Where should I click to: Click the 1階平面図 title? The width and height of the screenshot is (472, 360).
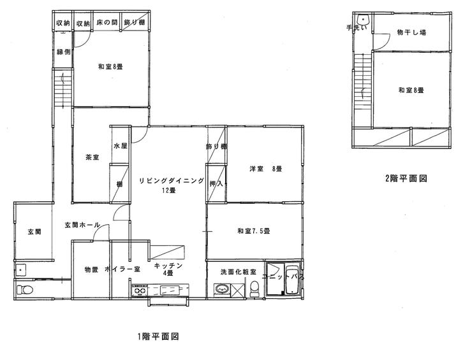click(158, 336)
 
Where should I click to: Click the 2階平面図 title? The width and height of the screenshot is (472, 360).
click(406, 178)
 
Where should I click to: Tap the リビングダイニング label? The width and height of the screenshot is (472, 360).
click(172, 181)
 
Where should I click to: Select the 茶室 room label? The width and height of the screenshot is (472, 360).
click(92, 157)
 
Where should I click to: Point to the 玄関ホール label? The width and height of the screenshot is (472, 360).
click(82, 225)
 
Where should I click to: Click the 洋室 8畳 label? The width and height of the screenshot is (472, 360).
click(265, 169)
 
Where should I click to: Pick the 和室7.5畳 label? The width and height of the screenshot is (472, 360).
click(253, 231)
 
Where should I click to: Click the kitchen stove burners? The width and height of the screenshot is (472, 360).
click(139, 291)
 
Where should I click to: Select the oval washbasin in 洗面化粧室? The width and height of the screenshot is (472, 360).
click(222, 290)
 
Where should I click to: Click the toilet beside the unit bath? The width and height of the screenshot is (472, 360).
click(254, 289)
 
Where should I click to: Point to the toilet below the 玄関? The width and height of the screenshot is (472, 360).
click(25, 290)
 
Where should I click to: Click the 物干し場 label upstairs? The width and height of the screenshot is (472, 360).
click(411, 32)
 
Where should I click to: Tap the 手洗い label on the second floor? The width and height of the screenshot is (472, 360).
click(357, 28)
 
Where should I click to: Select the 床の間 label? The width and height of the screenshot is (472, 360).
click(107, 22)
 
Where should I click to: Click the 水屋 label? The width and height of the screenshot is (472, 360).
click(120, 146)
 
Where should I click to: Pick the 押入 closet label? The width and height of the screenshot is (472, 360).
click(216, 183)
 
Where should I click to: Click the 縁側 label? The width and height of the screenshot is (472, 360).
click(64, 52)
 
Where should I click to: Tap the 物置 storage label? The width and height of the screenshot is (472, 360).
click(91, 269)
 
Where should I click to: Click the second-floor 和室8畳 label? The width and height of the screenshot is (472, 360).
click(411, 90)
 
